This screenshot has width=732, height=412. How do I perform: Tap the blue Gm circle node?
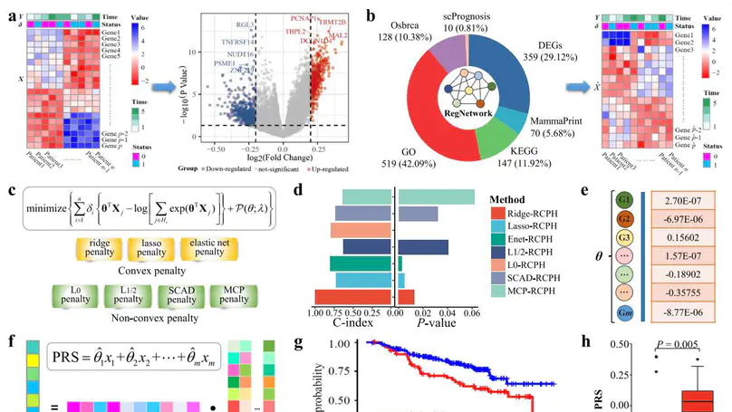pos(624,312)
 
